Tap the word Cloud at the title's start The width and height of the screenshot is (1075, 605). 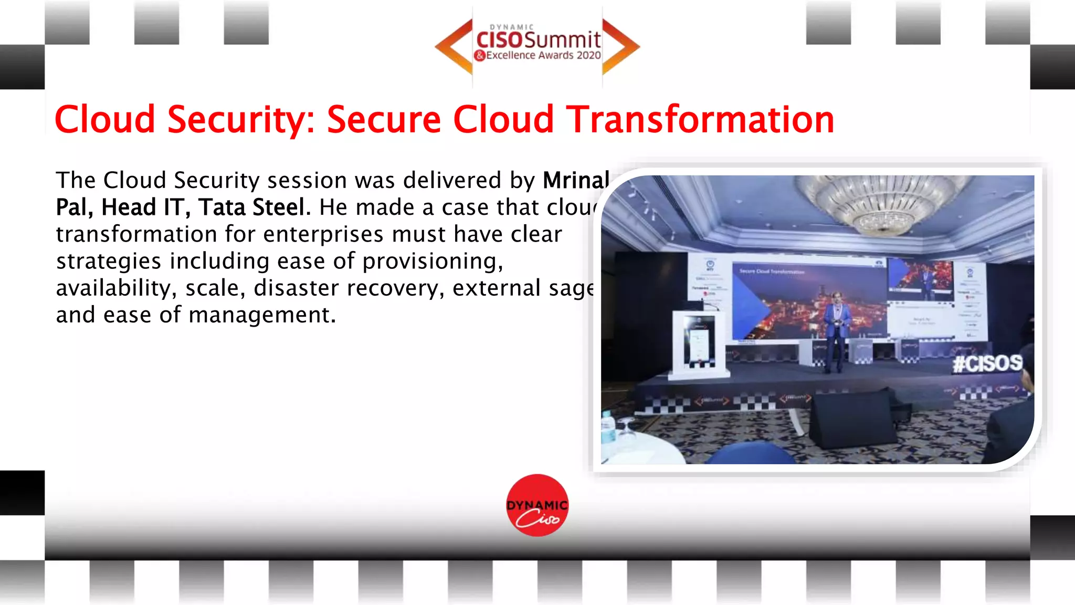(x=105, y=119)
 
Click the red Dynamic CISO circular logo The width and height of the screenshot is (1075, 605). (x=537, y=505)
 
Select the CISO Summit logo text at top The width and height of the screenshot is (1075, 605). (x=538, y=39)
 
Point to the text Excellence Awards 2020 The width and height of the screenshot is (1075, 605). (x=543, y=55)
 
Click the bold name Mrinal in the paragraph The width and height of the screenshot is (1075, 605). (x=576, y=180)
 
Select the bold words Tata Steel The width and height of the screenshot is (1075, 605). (x=251, y=207)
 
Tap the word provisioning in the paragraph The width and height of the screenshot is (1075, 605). (x=433, y=261)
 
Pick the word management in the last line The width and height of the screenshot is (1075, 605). (x=261, y=315)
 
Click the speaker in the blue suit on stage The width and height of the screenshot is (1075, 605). (x=836, y=331)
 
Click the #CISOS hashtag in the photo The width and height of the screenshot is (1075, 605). (x=987, y=363)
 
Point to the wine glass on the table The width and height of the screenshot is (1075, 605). (x=625, y=428)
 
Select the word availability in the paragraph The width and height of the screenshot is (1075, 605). (x=113, y=288)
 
